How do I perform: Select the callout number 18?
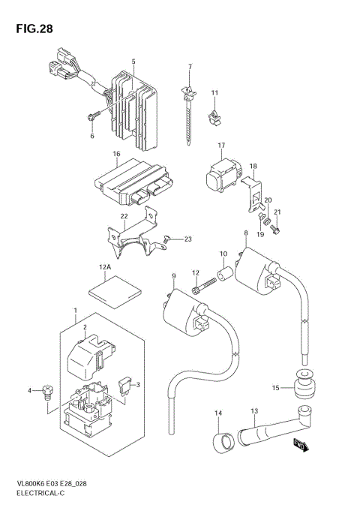(x=253, y=166)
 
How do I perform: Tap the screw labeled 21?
(x=274, y=229)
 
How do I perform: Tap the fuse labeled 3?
(x=128, y=386)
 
